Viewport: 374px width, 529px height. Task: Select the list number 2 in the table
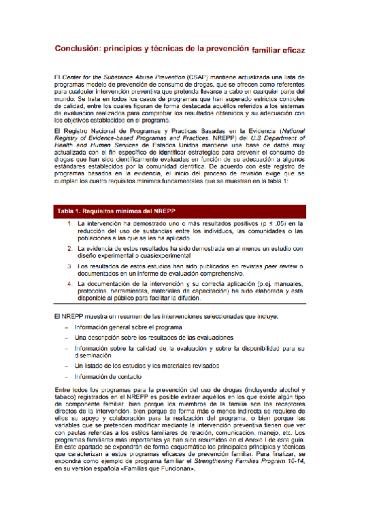pyautogui.click(x=70, y=249)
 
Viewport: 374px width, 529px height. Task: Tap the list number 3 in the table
pyautogui.click(x=70, y=266)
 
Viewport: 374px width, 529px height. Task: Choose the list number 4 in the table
pyautogui.click(x=70, y=284)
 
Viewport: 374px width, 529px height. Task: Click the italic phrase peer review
pyautogui.click(x=278, y=266)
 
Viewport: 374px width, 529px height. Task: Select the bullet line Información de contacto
pyautogui.click(x=107, y=376)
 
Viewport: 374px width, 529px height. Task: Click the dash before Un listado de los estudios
pyautogui.click(x=66, y=365)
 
